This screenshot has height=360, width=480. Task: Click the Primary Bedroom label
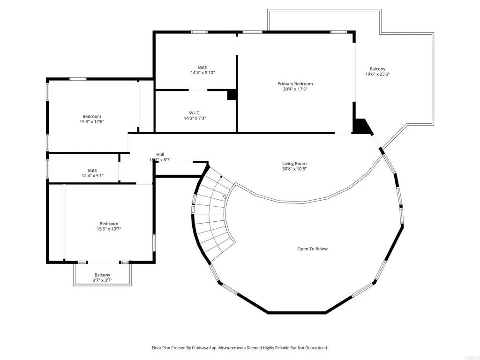point(295,84)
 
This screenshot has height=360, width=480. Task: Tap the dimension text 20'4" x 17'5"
point(295,90)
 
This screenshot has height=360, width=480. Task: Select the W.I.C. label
point(195,112)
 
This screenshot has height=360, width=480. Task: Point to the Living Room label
point(294,164)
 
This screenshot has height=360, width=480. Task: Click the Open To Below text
point(312,249)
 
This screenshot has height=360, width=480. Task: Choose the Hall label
point(160,154)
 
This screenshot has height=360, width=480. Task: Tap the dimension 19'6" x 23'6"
point(377,74)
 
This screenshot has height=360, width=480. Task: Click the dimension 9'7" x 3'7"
point(102,280)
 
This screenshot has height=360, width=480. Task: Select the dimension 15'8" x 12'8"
point(92,122)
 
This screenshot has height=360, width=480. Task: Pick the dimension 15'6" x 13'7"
point(108,229)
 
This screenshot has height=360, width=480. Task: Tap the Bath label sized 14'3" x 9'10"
point(202,67)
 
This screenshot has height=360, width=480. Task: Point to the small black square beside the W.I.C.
point(232,95)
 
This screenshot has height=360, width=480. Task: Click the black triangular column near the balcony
point(361,126)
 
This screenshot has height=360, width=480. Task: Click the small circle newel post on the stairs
point(225,197)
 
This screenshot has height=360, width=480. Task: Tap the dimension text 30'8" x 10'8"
point(294,169)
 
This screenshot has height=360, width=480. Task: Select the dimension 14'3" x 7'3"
point(195,118)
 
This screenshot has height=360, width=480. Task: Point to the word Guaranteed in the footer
point(315,348)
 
